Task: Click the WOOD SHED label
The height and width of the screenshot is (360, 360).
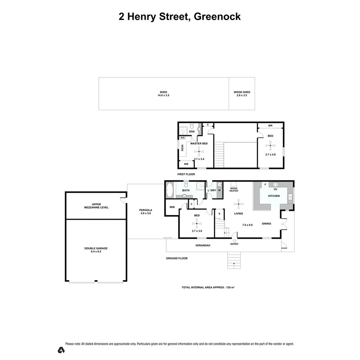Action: click(x=242, y=92)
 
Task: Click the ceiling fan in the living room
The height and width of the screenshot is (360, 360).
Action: click(x=239, y=204)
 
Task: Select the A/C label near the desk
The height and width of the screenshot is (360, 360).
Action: click(x=183, y=138)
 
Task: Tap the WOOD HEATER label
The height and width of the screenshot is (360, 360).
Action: click(x=234, y=190)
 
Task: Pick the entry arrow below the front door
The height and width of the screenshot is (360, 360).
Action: click(x=234, y=240)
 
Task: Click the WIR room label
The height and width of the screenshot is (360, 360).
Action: click(x=172, y=207)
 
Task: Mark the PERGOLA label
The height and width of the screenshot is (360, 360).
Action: click(x=145, y=210)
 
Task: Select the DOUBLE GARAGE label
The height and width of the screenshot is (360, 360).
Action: click(x=96, y=248)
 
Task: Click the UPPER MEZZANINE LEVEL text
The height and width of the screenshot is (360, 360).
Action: click(x=96, y=206)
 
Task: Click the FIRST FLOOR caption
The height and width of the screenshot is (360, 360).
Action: click(x=186, y=174)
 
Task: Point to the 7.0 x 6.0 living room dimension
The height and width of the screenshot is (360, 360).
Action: click(x=247, y=225)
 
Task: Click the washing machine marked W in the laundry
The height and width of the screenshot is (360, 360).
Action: click(x=219, y=190)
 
